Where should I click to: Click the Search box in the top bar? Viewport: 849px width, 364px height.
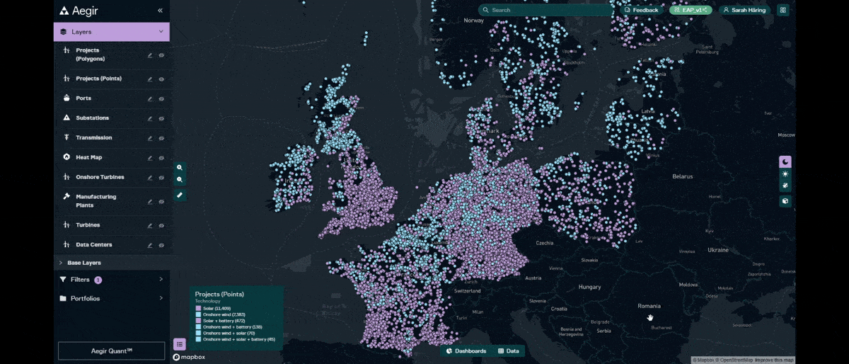(545, 10)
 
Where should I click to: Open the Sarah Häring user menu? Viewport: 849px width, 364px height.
(745, 10)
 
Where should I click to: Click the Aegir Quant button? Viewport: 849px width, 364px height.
(112, 351)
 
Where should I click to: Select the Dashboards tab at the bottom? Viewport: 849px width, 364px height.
(466, 351)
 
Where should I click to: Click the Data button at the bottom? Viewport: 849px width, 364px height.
(508, 351)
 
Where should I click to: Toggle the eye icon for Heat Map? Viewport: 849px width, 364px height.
(161, 158)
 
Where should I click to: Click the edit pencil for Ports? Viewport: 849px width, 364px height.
(149, 99)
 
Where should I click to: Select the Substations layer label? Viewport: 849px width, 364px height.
(92, 118)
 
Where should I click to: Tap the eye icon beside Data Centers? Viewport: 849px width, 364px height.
(161, 246)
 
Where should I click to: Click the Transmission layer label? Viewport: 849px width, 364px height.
(93, 138)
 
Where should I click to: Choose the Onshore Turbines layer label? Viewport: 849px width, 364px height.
(100, 178)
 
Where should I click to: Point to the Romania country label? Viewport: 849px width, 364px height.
(649, 306)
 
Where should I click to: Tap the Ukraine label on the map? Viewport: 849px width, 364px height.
(717, 250)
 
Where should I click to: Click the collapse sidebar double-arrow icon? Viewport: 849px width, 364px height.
(160, 11)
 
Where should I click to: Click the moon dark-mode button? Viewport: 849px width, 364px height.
(785, 161)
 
